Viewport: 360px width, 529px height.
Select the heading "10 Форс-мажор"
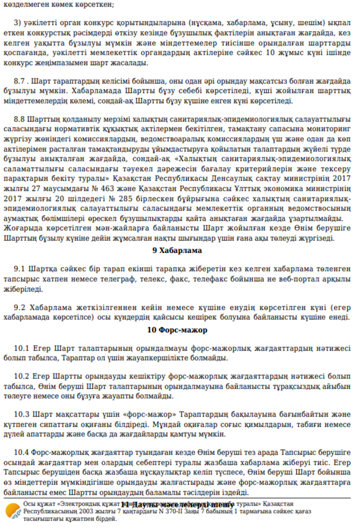click(177, 330)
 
